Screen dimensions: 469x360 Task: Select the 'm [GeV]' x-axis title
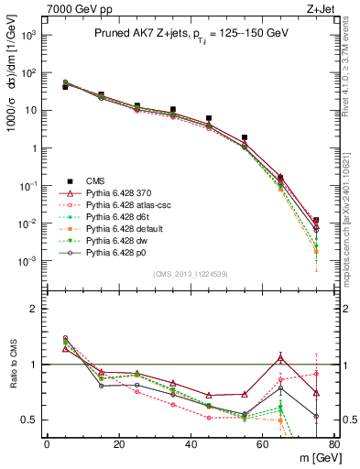317,457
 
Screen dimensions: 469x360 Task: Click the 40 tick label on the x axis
191,443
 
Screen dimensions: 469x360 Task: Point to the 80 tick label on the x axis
334,443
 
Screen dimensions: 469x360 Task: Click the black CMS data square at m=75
316,221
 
